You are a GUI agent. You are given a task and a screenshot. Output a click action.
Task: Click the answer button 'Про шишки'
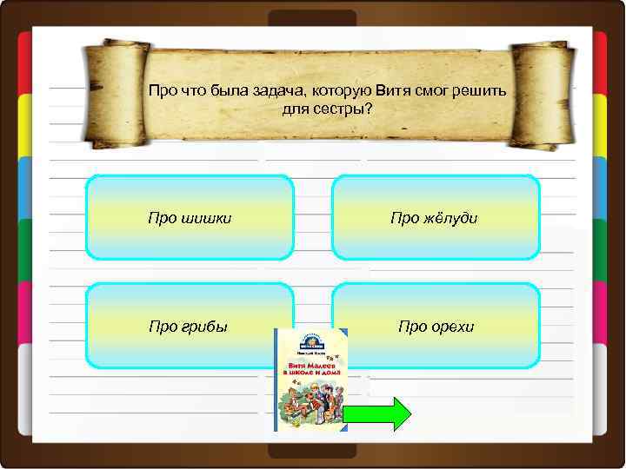point(190,218)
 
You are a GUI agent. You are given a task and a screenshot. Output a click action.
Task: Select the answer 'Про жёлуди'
point(436,218)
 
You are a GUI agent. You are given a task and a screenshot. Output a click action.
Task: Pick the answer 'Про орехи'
point(436,326)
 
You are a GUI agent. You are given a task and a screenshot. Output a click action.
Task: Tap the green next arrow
point(377,414)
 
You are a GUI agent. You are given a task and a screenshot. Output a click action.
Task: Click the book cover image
point(310,380)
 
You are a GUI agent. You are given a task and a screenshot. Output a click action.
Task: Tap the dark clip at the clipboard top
point(312,18)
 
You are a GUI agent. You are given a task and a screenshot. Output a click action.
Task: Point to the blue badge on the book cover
point(310,342)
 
